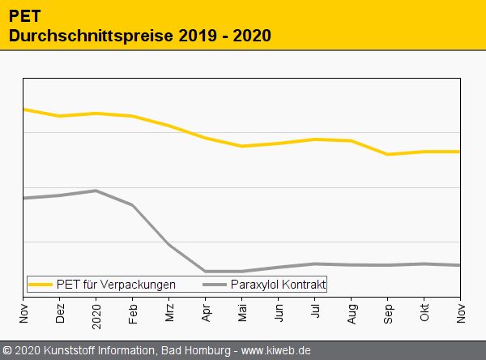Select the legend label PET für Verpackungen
116,285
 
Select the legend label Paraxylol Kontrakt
278,285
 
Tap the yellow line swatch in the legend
40,285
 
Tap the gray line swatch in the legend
215,285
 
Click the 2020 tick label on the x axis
96,312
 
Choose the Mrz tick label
169,313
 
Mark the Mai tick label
242,313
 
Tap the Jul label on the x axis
315,311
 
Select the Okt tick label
424,313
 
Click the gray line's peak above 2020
96,191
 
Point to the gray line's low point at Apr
206,271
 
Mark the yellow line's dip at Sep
388,154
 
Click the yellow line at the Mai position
242,146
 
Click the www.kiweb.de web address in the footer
277,350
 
